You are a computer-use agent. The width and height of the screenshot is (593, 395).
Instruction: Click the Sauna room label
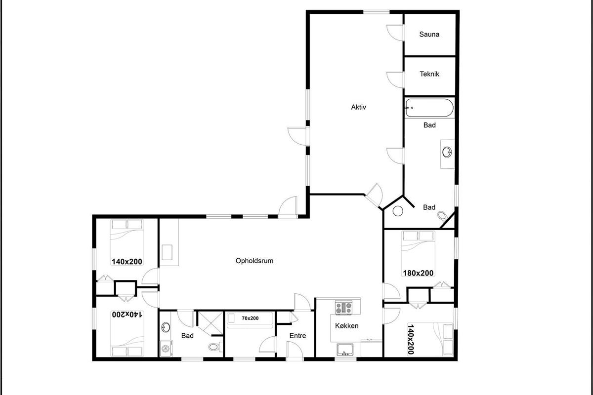click(x=429, y=34)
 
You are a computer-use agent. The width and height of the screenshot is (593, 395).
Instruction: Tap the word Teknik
click(x=429, y=74)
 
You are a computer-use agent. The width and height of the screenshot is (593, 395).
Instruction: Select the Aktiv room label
click(x=358, y=107)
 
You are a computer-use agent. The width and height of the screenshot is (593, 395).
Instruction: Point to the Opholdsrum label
click(x=254, y=261)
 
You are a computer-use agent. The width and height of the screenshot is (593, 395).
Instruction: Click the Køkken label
click(x=347, y=326)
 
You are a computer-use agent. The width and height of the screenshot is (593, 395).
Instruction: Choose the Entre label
click(x=297, y=336)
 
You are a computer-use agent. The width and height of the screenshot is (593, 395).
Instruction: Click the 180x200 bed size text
click(x=418, y=273)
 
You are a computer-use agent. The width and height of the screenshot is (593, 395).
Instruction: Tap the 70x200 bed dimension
click(x=250, y=318)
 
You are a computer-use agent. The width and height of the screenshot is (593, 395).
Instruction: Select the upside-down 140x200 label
click(x=127, y=315)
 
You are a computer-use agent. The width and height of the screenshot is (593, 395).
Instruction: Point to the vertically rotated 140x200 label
click(x=411, y=339)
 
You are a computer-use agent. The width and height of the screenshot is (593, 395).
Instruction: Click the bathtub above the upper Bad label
click(x=429, y=108)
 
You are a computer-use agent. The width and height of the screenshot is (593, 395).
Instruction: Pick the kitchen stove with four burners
click(x=343, y=308)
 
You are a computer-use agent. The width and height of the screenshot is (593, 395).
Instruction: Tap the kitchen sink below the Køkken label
click(x=345, y=350)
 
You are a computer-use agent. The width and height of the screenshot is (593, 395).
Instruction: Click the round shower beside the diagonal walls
click(x=398, y=211)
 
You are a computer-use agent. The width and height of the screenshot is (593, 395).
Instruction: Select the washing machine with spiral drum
click(x=166, y=349)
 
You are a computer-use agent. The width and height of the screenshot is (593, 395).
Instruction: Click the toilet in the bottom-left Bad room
click(x=215, y=346)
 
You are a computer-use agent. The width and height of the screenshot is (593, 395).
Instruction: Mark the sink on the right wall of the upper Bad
click(x=447, y=152)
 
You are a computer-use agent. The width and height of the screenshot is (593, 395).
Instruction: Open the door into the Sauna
click(x=395, y=33)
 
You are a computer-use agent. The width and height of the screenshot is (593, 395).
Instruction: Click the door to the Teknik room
click(x=395, y=79)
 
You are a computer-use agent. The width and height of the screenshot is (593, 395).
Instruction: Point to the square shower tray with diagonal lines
click(x=211, y=323)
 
